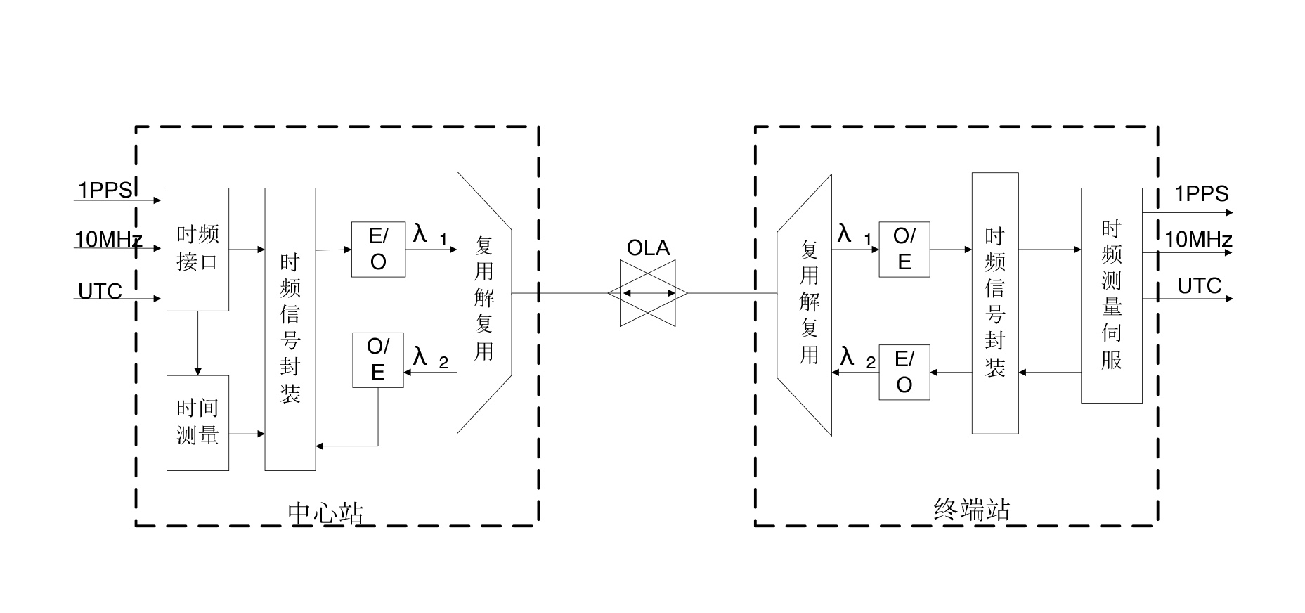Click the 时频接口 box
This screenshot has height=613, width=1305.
coord(197,249)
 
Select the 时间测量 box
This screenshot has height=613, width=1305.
coord(197,422)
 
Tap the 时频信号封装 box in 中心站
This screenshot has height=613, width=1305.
coord(290,329)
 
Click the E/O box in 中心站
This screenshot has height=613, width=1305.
coord(378,250)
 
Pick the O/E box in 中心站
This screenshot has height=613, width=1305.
coord(378,360)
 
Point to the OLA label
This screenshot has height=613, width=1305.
coord(648,248)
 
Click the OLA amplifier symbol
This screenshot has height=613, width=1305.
coord(648,293)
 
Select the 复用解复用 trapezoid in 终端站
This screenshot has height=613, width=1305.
coord(807,304)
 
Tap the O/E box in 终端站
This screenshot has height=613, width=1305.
coord(904,250)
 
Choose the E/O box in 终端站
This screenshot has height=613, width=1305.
coord(904,372)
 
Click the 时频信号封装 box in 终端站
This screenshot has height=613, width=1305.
coord(995,303)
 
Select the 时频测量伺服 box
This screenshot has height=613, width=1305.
coord(1111,295)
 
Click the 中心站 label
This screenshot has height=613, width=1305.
coord(326,513)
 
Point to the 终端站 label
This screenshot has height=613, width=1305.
coord(972,510)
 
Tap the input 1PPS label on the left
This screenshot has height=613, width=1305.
coord(105,191)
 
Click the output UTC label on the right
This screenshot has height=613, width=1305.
coord(1200,286)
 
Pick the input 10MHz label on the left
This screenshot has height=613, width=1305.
coord(108,240)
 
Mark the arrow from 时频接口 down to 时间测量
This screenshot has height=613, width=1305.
coord(197,343)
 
